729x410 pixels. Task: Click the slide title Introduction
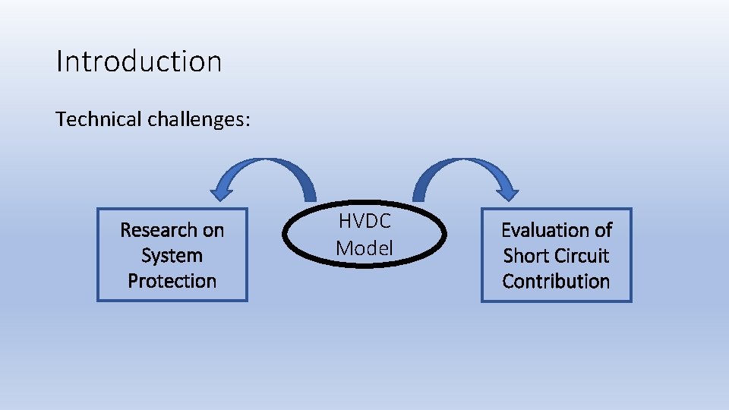139,61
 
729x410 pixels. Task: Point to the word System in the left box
172,255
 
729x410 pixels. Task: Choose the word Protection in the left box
172,281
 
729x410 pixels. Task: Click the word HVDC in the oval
364,222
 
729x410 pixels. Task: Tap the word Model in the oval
364,248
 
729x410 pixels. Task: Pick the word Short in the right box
525,255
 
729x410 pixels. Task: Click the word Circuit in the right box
582,255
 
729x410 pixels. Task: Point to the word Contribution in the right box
556,281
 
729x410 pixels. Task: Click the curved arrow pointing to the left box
270,169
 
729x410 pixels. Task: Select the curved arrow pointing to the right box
463,169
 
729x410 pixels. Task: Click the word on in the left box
213,229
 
